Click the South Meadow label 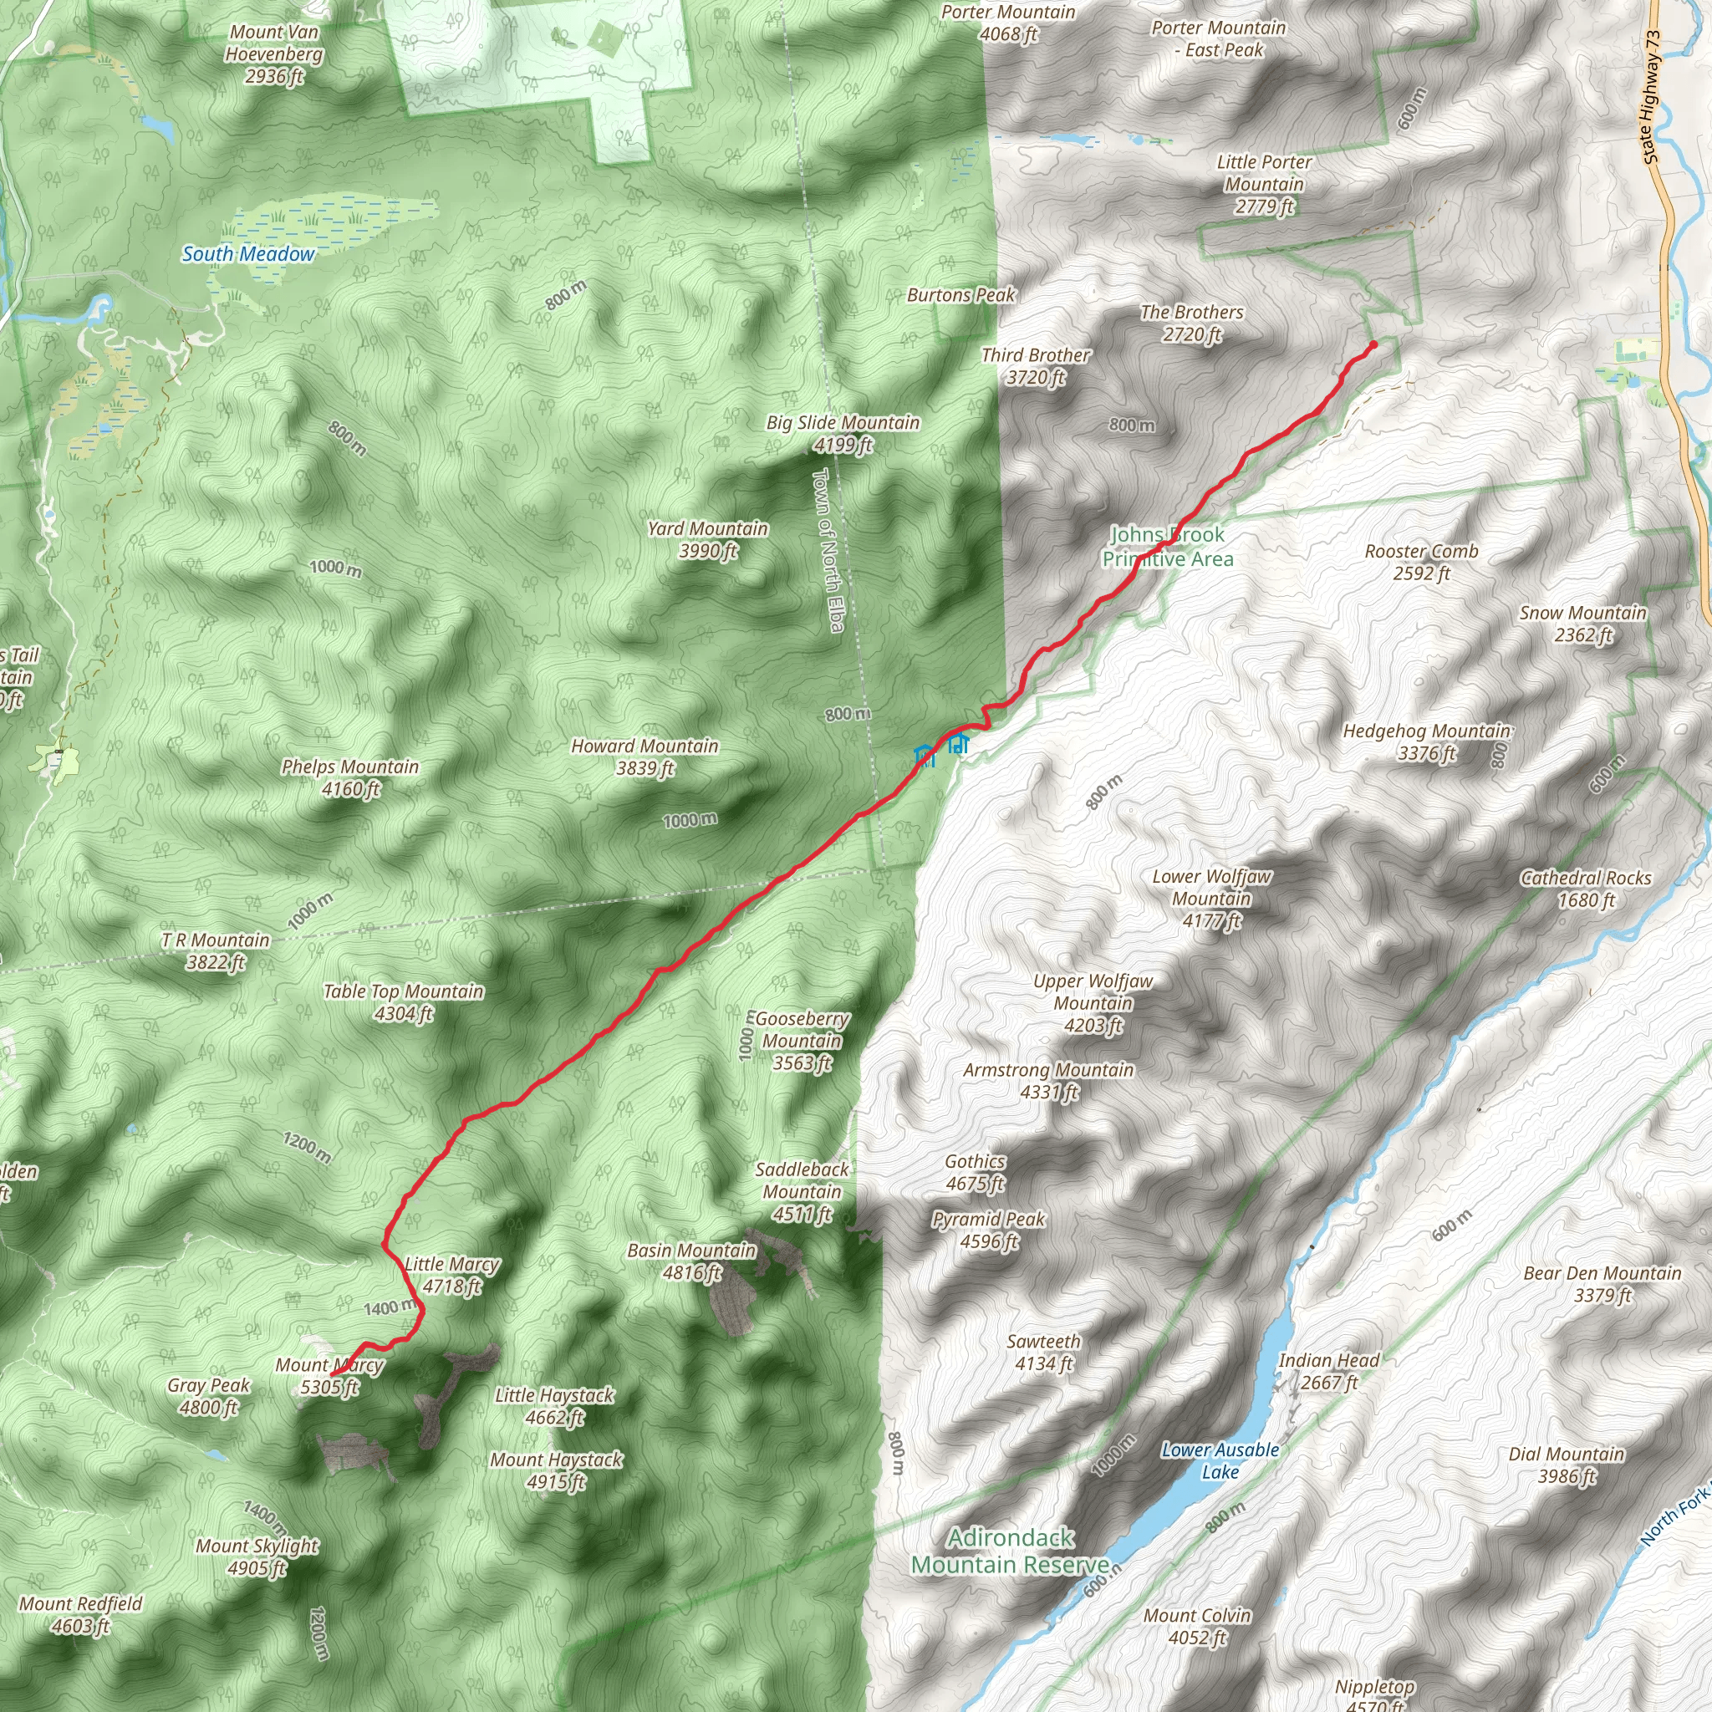click(x=248, y=254)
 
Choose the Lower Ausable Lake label click(x=1220, y=1460)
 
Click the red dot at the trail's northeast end click(x=1373, y=344)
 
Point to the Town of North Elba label click(x=828, y=549)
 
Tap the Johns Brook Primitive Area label click(x=1168, y=547)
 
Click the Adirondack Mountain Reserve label click(x=1010, y=1551)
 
